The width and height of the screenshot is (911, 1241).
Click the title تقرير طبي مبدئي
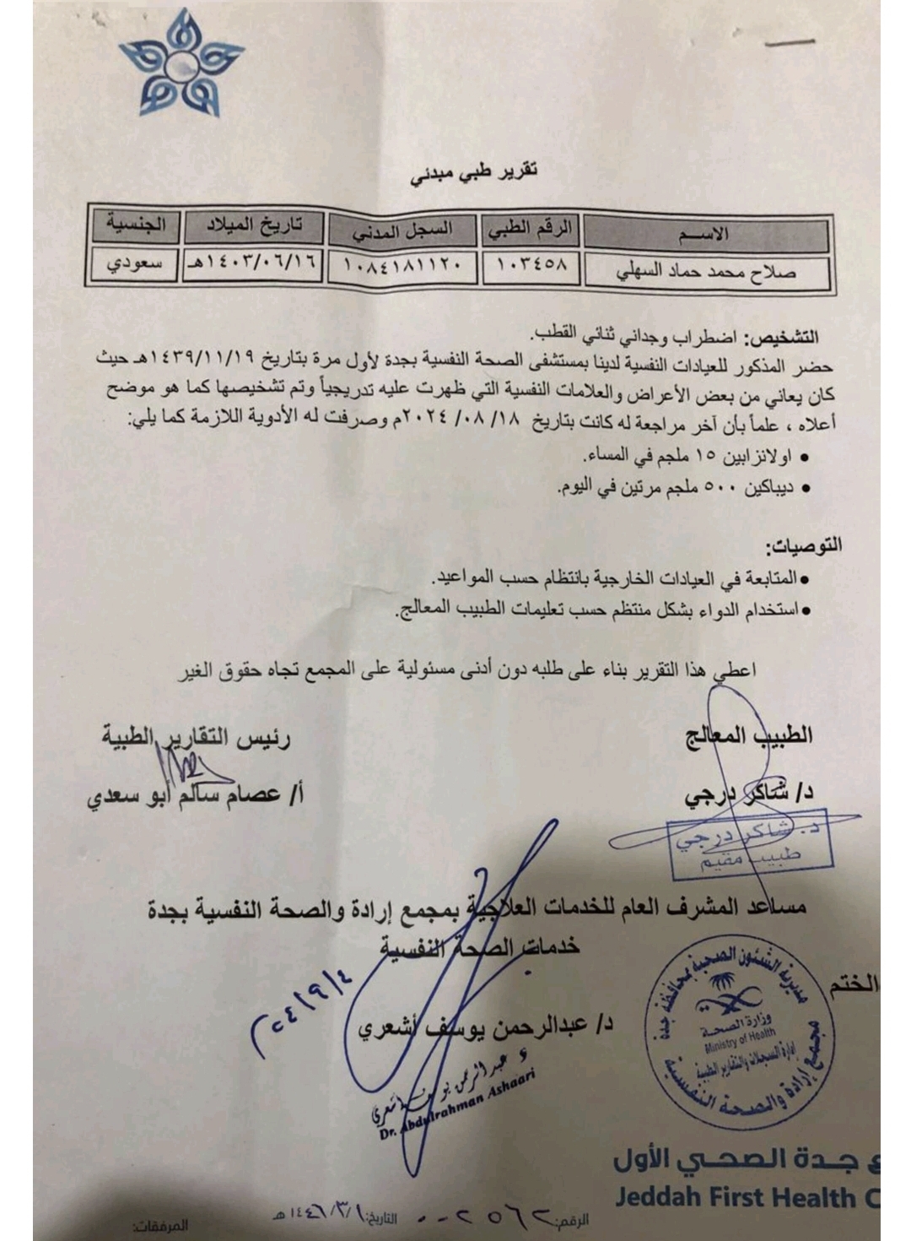pos(474,171)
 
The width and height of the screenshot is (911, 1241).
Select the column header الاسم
pos(706,234)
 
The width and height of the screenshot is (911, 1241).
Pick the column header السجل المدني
pos(402,228)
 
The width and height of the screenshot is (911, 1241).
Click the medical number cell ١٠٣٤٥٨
pos(531,266)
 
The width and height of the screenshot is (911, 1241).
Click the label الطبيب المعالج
pos(748,736)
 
